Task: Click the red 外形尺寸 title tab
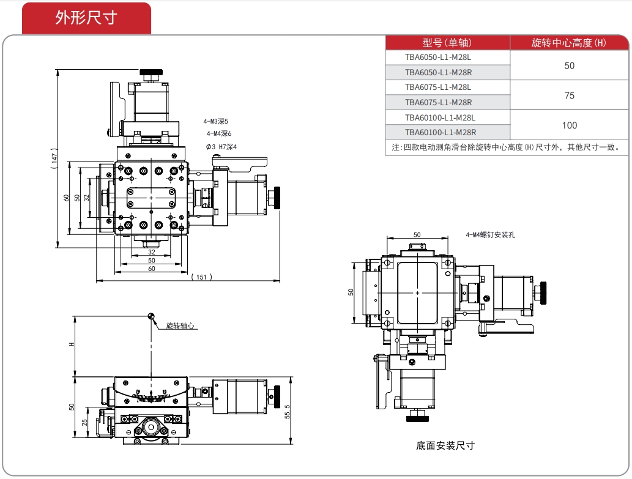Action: pos(86,18)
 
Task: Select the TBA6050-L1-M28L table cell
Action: pos(438,58)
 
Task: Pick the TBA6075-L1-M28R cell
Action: pos(438,102)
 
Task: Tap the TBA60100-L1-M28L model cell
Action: pos(440,117)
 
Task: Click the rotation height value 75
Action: pos(569,95)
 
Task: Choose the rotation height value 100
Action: pos(569,125)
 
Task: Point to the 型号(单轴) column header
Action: pos(447,43)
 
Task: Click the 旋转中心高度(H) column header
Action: pos(568,43)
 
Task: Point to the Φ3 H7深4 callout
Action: pos(221,146)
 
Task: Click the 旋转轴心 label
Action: pos(180,325)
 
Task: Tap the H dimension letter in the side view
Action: pos(71,344)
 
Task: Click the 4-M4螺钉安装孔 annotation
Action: pos(490,234)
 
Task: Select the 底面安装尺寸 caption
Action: pos(445,445)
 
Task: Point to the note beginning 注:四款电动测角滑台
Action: pos(508,147)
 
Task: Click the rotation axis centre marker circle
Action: pos(151,316)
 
